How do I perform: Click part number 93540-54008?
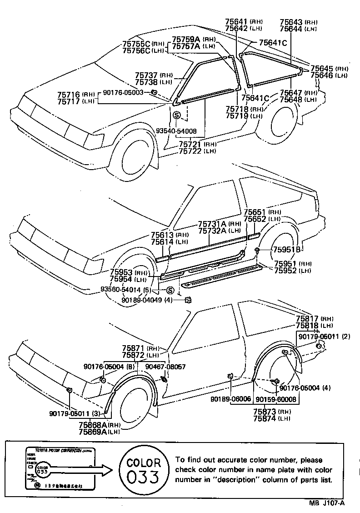click(176, 131)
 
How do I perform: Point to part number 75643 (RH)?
click(299, 22)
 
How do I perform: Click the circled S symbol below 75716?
click(177, 116)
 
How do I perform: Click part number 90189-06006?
click(230, 399)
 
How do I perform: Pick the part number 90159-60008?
click(276, 399)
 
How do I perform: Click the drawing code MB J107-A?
click(327, 503)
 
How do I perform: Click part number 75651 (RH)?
click(262, 212)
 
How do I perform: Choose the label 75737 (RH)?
click(154, 75)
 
